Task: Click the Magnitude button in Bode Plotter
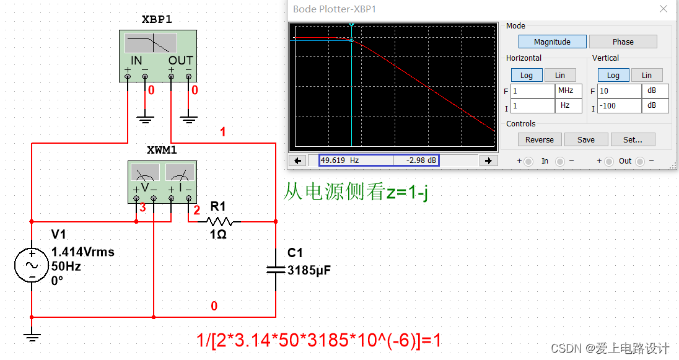click(x=552, y=42)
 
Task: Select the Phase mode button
click(x=623, y=42)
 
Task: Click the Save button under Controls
click(x=585, y=139)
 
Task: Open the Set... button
click(x=633, y=139)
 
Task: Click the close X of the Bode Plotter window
click(x=664, y=9)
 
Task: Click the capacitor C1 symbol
click(x=276, y=269)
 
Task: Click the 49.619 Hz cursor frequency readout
click(x=356, y=160)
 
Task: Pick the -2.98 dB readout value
click(x=416, y=160)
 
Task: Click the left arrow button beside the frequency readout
click(x=299, y=160)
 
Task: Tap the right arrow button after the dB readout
click(x=489, y=160)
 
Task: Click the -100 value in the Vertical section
click(x=619, y=106)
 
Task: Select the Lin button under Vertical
click(x=646, y=76)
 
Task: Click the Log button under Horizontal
click(x=526, y=76)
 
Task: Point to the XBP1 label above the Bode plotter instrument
click(x=157, y=19)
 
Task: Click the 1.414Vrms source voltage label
click(x=82, y=252)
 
